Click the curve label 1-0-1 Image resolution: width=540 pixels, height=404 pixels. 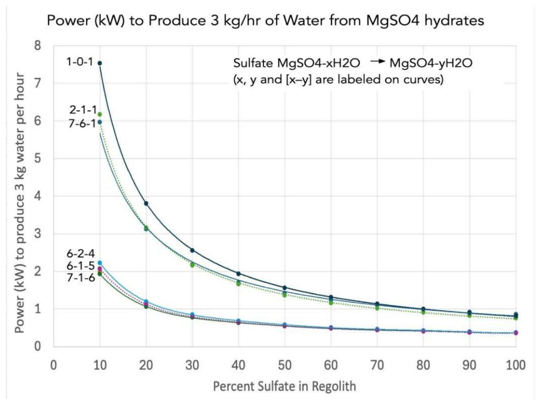[x=80, y=62]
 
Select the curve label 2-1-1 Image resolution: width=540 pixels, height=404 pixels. [x=83, y=110]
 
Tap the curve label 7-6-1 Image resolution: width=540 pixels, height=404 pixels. [x=82, y=123]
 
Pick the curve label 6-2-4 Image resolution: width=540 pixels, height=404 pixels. [x=81, y=254]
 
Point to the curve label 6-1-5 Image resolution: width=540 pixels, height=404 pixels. [x=81, y=266]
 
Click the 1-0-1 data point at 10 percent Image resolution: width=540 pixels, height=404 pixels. [x=99, y=63]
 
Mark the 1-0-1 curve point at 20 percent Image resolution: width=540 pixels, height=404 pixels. [x=146, y=203]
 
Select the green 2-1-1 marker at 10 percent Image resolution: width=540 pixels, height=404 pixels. [x=99, y=114]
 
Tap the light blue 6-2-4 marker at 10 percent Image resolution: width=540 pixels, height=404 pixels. [x=99, y=263]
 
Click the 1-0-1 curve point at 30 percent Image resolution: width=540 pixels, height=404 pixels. [x=192, y=251]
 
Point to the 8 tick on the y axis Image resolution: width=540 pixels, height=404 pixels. [x=38, y=46]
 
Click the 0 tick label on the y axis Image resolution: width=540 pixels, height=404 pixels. [x=38, y=346]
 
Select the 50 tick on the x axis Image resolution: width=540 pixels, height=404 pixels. [x=285, y=366]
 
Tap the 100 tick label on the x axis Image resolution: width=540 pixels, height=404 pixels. [x=516, y=366]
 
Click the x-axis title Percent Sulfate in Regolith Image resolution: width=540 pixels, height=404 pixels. [x=285, y=386]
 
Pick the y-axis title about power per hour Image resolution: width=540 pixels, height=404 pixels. [x=20, y=203]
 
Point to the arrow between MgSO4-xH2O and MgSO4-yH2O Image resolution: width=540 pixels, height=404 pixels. [x=377, y=61]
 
